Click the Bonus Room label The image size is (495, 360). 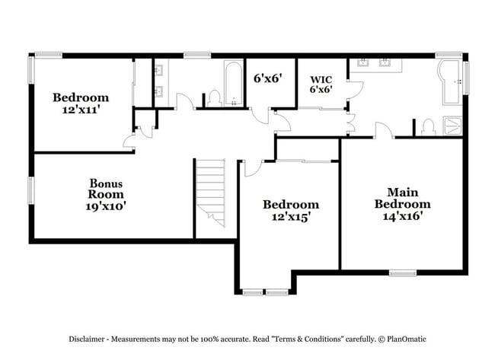(106, 189)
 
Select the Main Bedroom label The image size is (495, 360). (402, 198)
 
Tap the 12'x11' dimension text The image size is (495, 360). (80, 110)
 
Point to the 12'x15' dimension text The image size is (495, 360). (290, 216)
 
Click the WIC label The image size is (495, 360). (319, 78)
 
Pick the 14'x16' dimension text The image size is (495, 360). (402, 215)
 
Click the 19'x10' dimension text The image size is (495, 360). (106, 205)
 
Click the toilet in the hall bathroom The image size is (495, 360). (214, 98)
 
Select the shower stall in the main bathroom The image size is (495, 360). (452, 126)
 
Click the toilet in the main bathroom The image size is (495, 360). (429, 126)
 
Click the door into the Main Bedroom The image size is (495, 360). (382, 130)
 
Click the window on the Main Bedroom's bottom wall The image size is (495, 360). (402, 272)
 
